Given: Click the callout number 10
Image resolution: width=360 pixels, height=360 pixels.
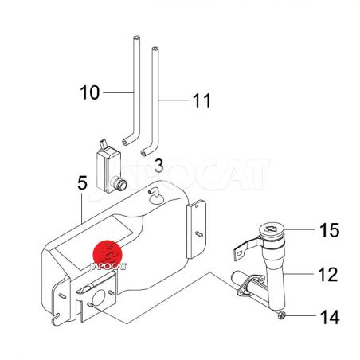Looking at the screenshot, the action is coord(90,92).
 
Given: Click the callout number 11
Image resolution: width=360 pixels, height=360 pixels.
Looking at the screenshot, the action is coord(202,100).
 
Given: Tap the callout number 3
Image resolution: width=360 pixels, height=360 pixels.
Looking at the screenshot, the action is coord(158,166).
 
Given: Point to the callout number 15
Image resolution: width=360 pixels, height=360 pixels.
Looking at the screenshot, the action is coord(330,229).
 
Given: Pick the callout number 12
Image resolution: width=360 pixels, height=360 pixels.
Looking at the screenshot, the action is coord(328,274).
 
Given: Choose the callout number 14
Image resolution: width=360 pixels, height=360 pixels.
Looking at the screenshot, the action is coord(330,317).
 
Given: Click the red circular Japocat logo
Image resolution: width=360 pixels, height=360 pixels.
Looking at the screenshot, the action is coord(108,255).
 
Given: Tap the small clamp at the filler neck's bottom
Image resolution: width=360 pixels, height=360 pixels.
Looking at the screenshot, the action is coord(281,315).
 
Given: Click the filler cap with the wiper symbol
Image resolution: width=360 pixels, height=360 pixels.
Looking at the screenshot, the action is coord(272,229).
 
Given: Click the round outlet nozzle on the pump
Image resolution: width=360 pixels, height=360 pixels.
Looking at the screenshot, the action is coord(119,183).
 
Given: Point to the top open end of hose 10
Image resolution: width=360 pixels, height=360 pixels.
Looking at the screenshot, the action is coord(136,37).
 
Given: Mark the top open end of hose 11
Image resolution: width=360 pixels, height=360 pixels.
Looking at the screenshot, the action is coord(155,49).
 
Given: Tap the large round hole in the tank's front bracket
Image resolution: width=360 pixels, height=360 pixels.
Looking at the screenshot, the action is coord(99,298).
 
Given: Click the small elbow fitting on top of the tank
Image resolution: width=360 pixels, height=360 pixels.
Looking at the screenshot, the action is coord(153,192).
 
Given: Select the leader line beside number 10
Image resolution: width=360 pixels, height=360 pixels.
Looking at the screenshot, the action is coord(118,92).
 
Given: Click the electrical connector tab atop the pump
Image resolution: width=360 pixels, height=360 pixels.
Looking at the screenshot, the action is coord(104,145).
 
